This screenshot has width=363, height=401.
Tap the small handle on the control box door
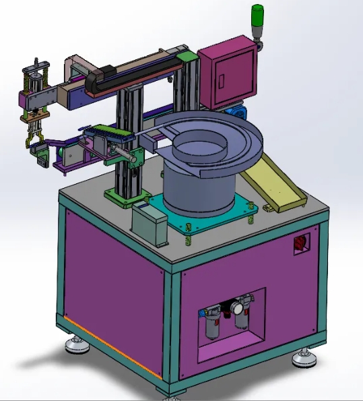click(220, 80)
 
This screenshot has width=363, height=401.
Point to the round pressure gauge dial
click(236, 307)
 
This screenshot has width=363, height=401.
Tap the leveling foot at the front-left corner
click(76, 347)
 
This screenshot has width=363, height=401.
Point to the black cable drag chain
click(135, 74)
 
